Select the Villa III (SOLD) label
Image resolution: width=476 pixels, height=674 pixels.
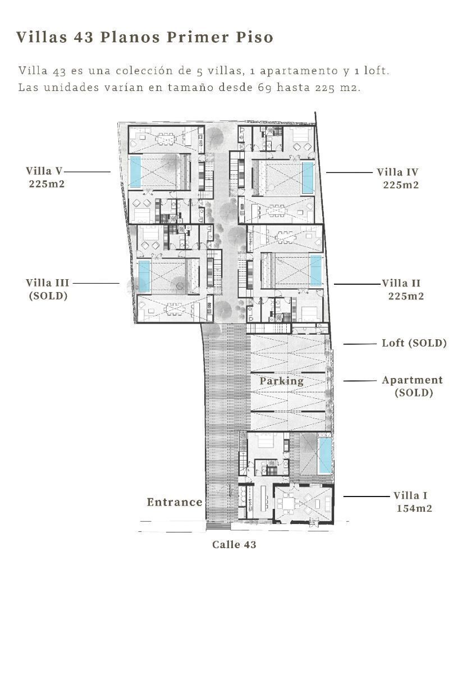tap(48, 289)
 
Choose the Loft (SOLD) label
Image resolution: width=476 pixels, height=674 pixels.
tap(414, 343)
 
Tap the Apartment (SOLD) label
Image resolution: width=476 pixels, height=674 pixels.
tap(412, 386)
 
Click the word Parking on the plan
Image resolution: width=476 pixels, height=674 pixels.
tap(281, 381)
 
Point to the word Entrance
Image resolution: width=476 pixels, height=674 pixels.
tap(175, 502)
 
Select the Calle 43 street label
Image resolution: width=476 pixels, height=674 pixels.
tap(234, 544)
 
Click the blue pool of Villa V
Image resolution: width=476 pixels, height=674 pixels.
tap(136, 172)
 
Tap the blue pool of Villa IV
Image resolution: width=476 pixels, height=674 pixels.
tap(308, 178)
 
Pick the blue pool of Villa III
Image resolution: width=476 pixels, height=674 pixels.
tap(144, 276)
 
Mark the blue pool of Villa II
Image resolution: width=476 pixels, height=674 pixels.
tap(315, 270)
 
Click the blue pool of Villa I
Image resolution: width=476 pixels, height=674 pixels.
tap(325, 456)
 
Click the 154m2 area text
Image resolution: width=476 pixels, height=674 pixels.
tap(414, 508)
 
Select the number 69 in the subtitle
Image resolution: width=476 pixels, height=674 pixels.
tap(265, 88)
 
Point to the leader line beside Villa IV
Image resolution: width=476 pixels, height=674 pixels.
tap(349, 172)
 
